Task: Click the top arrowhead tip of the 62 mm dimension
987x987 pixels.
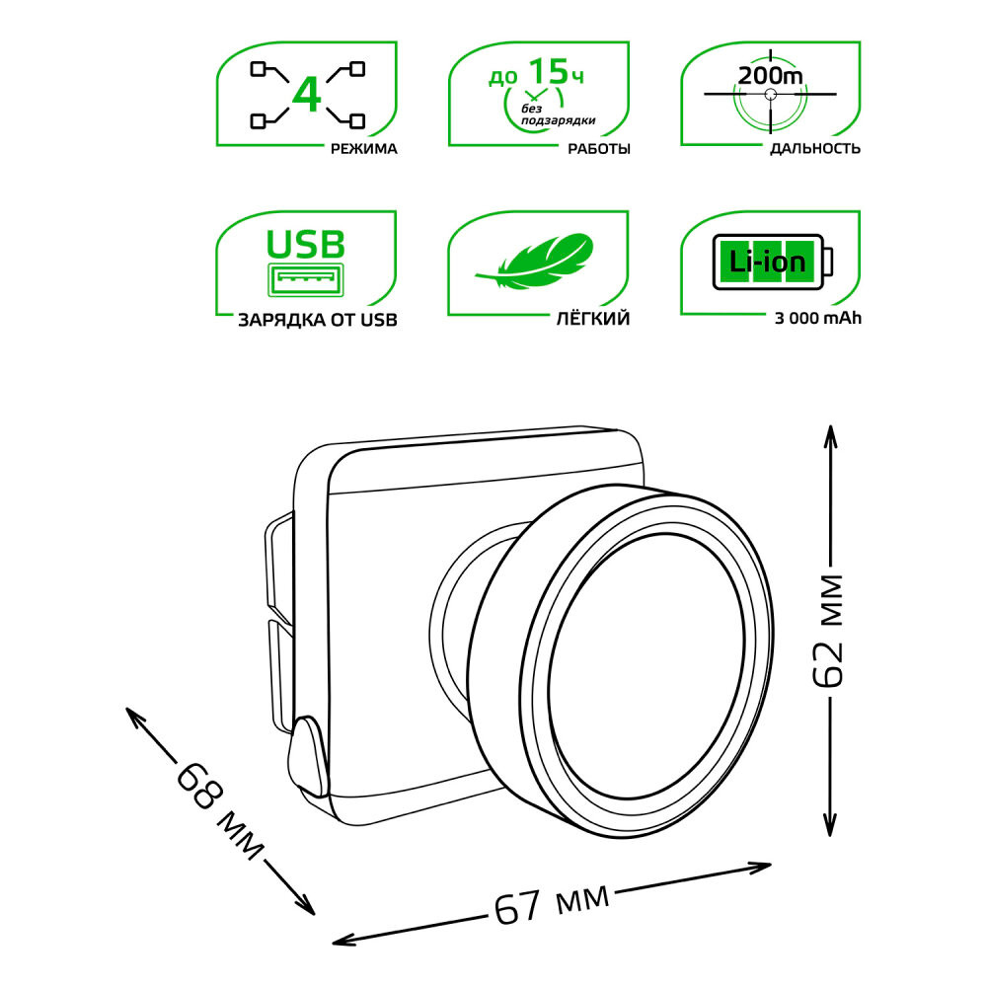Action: coord(831,425)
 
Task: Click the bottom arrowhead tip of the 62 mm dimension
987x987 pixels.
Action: coord(831,837)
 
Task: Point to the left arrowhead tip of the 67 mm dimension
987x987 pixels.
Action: coord(332,943)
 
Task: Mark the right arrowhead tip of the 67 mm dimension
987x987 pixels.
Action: coord(772,865)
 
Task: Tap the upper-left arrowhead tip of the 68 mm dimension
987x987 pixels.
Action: coord(126,708)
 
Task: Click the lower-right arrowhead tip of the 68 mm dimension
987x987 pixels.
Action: coord(314,915)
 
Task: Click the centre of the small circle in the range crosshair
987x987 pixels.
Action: coord(771,95)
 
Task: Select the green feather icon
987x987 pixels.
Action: coord(536,263)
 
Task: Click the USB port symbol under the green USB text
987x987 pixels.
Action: coord(306,279)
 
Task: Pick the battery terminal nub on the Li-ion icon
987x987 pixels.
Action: coord(828,262)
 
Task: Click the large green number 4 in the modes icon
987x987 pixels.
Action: coord(307,95)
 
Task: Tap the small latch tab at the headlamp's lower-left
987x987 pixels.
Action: coord(309,755)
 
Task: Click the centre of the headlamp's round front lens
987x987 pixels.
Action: coord(645,666)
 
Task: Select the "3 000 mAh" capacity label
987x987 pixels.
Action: coord(817,319)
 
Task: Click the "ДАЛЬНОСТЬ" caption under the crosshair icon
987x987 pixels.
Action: coord(815,149)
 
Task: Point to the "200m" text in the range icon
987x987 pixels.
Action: coord(771,76)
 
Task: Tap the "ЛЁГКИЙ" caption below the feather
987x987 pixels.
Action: coord(593,319)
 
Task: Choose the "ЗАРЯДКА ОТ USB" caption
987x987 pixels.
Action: coord(318,321)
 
